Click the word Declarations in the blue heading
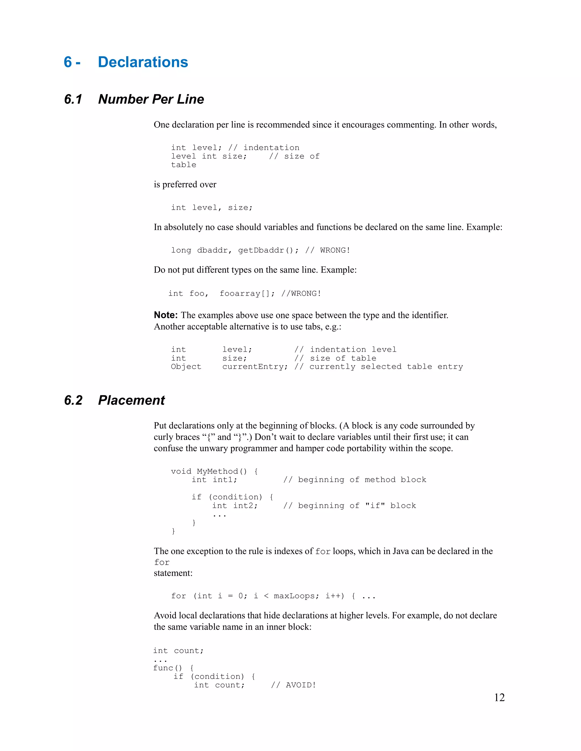tap(143, 62)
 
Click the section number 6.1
tap(73, 99)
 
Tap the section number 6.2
tap(73, 400)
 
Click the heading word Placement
tap(131, 400)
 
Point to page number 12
tap(499, 697)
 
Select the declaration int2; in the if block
tap(245, 506)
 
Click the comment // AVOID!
tap(293, 685)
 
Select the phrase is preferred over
tap(185, 185)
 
